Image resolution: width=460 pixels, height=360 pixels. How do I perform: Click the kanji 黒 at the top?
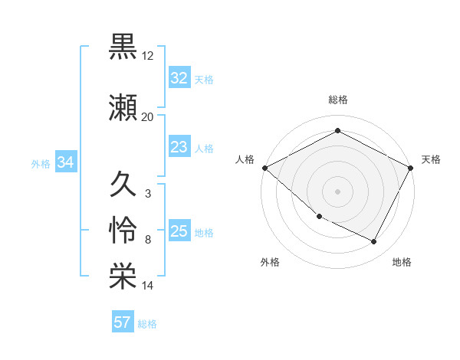click(123, 47)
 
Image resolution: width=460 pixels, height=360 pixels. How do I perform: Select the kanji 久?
click(123, 184)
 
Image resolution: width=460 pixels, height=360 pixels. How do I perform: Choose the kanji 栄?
click(123, 277)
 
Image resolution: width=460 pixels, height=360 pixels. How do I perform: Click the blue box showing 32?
click(179, 78)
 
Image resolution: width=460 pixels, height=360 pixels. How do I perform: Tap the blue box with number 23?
click(179, 148)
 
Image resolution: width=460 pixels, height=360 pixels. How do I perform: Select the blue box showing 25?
click(179, 232)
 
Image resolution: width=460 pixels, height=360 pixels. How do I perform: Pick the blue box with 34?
click(65, 162)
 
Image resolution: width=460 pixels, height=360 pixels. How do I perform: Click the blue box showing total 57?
click(122, 322)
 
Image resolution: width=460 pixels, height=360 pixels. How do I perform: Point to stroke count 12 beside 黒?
click(148, 57)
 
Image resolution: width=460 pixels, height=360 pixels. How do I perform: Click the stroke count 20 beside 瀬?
click(148, 117)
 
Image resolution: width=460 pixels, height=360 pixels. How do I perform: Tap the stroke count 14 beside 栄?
click(148, 286)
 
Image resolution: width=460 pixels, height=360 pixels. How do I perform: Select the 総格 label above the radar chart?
click(337, 100)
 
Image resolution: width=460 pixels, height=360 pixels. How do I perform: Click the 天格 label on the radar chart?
click(431, 159)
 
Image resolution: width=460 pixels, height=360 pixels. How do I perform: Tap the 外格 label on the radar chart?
click(270, 262)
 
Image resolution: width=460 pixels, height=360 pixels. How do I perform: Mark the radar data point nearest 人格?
click(264, 168)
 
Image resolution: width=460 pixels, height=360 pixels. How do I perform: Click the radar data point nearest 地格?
click(374, 242)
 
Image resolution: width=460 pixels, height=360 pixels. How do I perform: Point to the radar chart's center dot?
click(337, 191)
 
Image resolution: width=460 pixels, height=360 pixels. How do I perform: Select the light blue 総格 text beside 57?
click(147, 324)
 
